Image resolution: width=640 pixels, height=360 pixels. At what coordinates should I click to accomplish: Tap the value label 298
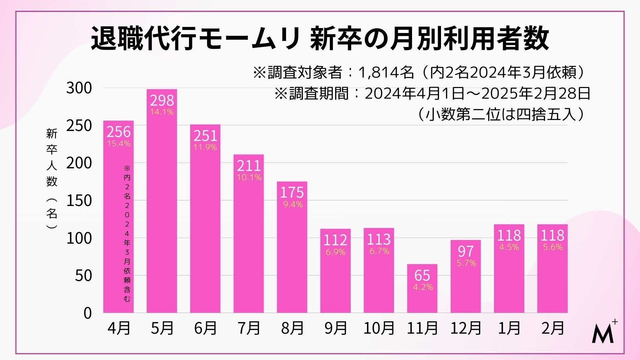coord(162,100)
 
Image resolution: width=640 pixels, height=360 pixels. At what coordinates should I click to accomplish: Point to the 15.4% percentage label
coord(119,144)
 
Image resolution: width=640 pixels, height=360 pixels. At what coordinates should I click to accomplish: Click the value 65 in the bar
coord(422,275)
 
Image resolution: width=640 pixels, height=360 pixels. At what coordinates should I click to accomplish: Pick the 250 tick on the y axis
coord(79,126)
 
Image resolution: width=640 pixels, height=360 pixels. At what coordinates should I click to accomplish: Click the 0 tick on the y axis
coord(87,313)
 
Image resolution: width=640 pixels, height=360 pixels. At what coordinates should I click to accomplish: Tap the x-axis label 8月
coord(292,328)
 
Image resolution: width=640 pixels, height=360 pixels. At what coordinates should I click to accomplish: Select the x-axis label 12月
coord(466,328)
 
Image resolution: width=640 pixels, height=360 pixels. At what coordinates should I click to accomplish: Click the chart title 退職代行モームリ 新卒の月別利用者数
coord(320,39)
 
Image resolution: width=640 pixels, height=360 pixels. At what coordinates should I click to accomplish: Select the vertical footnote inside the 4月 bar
coord(127,233)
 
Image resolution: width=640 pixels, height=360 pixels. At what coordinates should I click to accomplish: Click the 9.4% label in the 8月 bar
coord(293,204)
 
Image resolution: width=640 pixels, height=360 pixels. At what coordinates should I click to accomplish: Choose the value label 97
coord(466,251)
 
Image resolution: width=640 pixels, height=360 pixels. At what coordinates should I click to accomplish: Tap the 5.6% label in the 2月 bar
coord(553,247)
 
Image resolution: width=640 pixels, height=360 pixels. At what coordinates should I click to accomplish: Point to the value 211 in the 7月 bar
coord(249,166)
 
